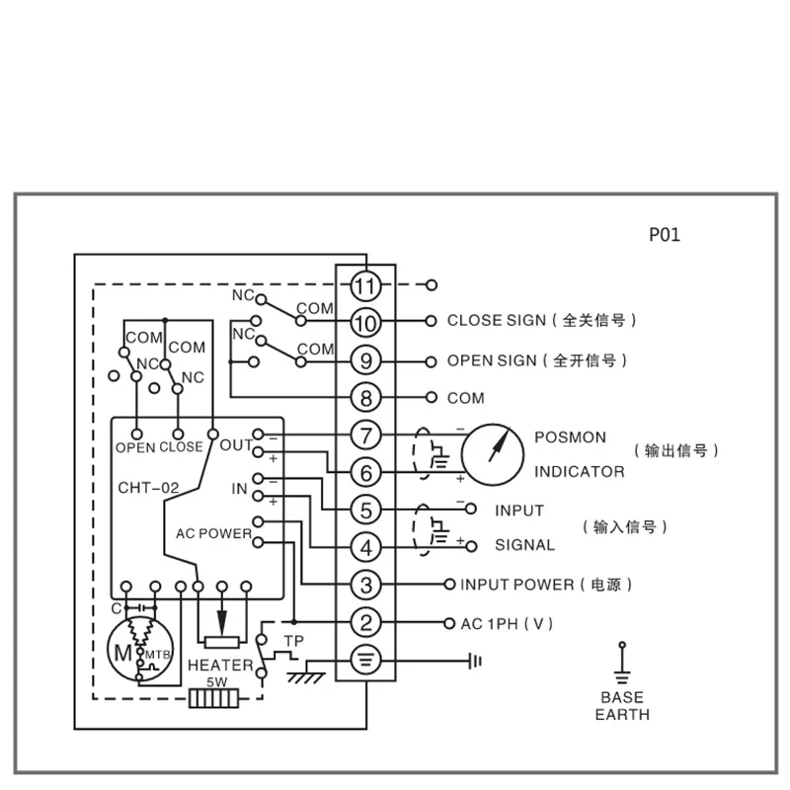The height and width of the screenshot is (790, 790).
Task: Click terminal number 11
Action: coord(365,286)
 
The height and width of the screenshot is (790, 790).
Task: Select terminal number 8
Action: coord(365,398)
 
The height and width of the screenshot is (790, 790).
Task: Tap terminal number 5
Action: coord(365,511)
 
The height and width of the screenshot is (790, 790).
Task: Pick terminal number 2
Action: coord(365,623)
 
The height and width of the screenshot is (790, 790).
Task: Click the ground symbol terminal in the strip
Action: coord(365,661)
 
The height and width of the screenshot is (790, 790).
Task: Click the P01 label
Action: coord(664,235)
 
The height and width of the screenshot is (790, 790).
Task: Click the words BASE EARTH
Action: coord(622,705)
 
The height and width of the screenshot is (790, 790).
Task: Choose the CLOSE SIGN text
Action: coord(496,320)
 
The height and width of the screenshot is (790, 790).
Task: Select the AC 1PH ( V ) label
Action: coord(507,623)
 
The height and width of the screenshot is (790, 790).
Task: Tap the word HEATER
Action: coord(220,666)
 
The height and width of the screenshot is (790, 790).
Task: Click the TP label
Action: coord(292,641)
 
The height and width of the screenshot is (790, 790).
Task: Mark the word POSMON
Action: coord(571,436)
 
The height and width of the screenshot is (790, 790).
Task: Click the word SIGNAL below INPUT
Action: coord(524,545)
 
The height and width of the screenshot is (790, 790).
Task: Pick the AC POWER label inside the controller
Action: coord(213,533)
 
